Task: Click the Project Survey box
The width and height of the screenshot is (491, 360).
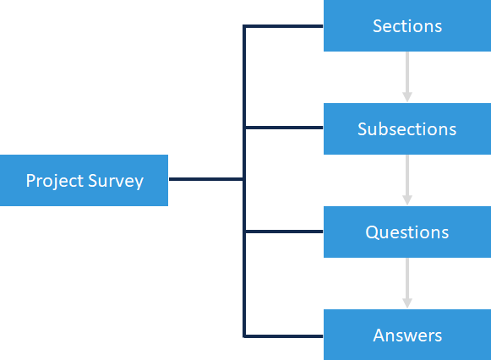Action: (84, 180)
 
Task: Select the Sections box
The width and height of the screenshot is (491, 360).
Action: (406, 26)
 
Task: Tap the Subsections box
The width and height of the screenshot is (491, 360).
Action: (406, 129)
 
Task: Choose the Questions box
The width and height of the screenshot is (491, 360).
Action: (406, 232)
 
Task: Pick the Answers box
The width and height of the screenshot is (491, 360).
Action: (406, 335)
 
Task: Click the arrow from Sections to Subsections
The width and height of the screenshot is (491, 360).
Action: (406, 74)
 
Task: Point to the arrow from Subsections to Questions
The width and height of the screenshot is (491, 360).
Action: (406, 177)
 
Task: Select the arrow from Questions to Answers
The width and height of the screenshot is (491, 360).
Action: (406, 281)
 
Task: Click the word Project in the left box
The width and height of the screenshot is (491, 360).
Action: (55, 181)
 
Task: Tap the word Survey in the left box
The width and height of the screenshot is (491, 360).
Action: (115, 181)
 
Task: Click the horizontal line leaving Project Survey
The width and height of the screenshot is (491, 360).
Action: (205, 179)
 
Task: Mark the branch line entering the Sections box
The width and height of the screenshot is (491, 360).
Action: (283, 26)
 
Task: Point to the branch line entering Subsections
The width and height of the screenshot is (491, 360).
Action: (283, 128)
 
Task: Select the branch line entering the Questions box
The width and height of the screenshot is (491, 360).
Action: (283, 232)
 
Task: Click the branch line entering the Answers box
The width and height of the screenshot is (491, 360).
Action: (283, 335)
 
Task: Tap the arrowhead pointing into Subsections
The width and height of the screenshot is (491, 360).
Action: (406, 97)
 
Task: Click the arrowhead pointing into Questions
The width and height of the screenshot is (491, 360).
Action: (406, 199)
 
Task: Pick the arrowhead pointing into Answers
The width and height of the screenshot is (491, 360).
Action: (406, 303)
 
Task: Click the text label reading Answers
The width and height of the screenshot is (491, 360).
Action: (406, 335)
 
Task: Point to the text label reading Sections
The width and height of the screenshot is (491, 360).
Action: (406, 26)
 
